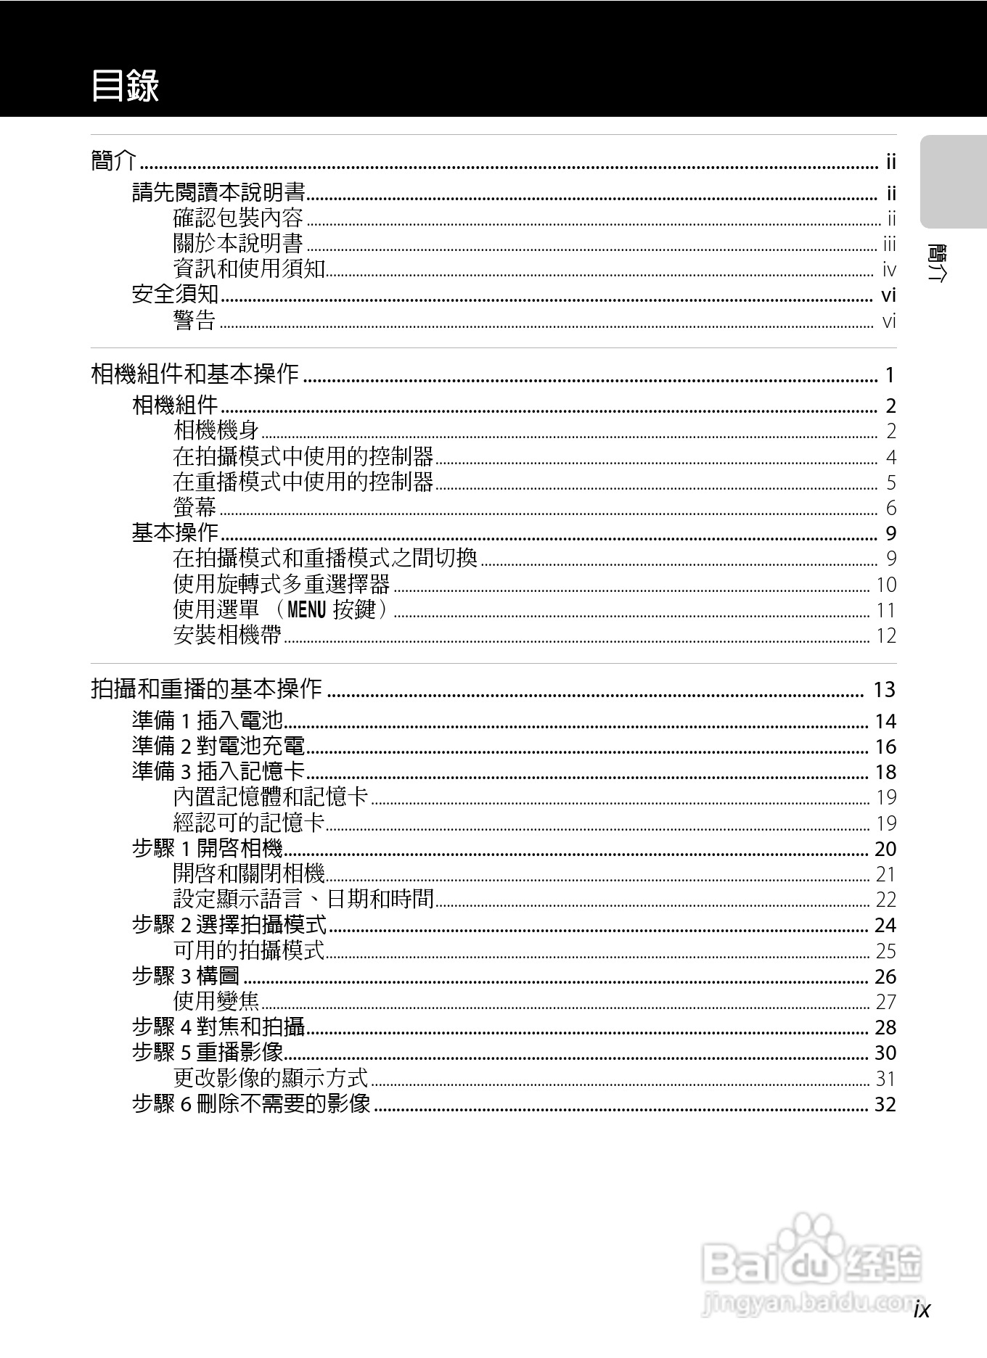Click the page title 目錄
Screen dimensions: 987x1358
(x=125, y=86)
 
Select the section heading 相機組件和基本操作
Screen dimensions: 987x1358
(x=194, y=374)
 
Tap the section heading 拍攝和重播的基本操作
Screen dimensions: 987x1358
(x=206, y=688)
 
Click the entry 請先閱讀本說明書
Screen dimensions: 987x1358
(x=218, y=193)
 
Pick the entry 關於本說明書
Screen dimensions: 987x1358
(x=238, y=243)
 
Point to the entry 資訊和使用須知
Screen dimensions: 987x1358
(x=249, y=268)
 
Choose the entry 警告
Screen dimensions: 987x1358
(x=194, y=320)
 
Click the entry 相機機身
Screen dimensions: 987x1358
(x=216, y=431)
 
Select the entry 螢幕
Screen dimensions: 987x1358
(x=194, y=508)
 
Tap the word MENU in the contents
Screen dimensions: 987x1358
(x=307, y=610)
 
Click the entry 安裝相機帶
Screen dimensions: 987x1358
(x=227, y=635)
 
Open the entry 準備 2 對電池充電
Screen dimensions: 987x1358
(x=218, y=746)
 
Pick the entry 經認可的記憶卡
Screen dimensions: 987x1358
(x=249, y=823)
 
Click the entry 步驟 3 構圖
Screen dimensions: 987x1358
(x=186, y=976)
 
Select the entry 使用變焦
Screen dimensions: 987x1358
(x=216, y=1002)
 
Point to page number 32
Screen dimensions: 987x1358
(x=885, y=1105)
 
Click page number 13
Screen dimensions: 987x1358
(x=885, y=689)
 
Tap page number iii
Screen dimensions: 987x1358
(x=890, y=244)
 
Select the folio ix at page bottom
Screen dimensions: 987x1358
(x=922, y=1309)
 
